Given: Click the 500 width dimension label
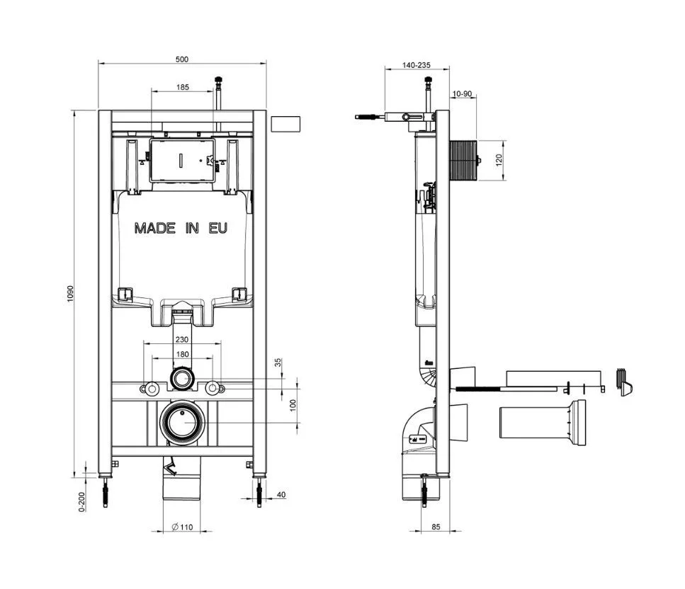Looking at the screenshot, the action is coord(182,59).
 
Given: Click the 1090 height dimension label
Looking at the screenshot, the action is coord(70,294).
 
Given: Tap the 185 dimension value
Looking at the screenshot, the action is coord(183,87).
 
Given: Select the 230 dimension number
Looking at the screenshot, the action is coord(182,339).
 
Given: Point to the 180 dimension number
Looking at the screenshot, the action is coord(182,354).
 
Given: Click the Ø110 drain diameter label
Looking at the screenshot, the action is coord(182,527).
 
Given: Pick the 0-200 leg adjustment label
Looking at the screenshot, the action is coord(81,502).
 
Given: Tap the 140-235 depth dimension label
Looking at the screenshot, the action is coord(417,65).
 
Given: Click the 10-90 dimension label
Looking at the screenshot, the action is coord(462,94).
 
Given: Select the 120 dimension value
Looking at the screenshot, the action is coord(499,160).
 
